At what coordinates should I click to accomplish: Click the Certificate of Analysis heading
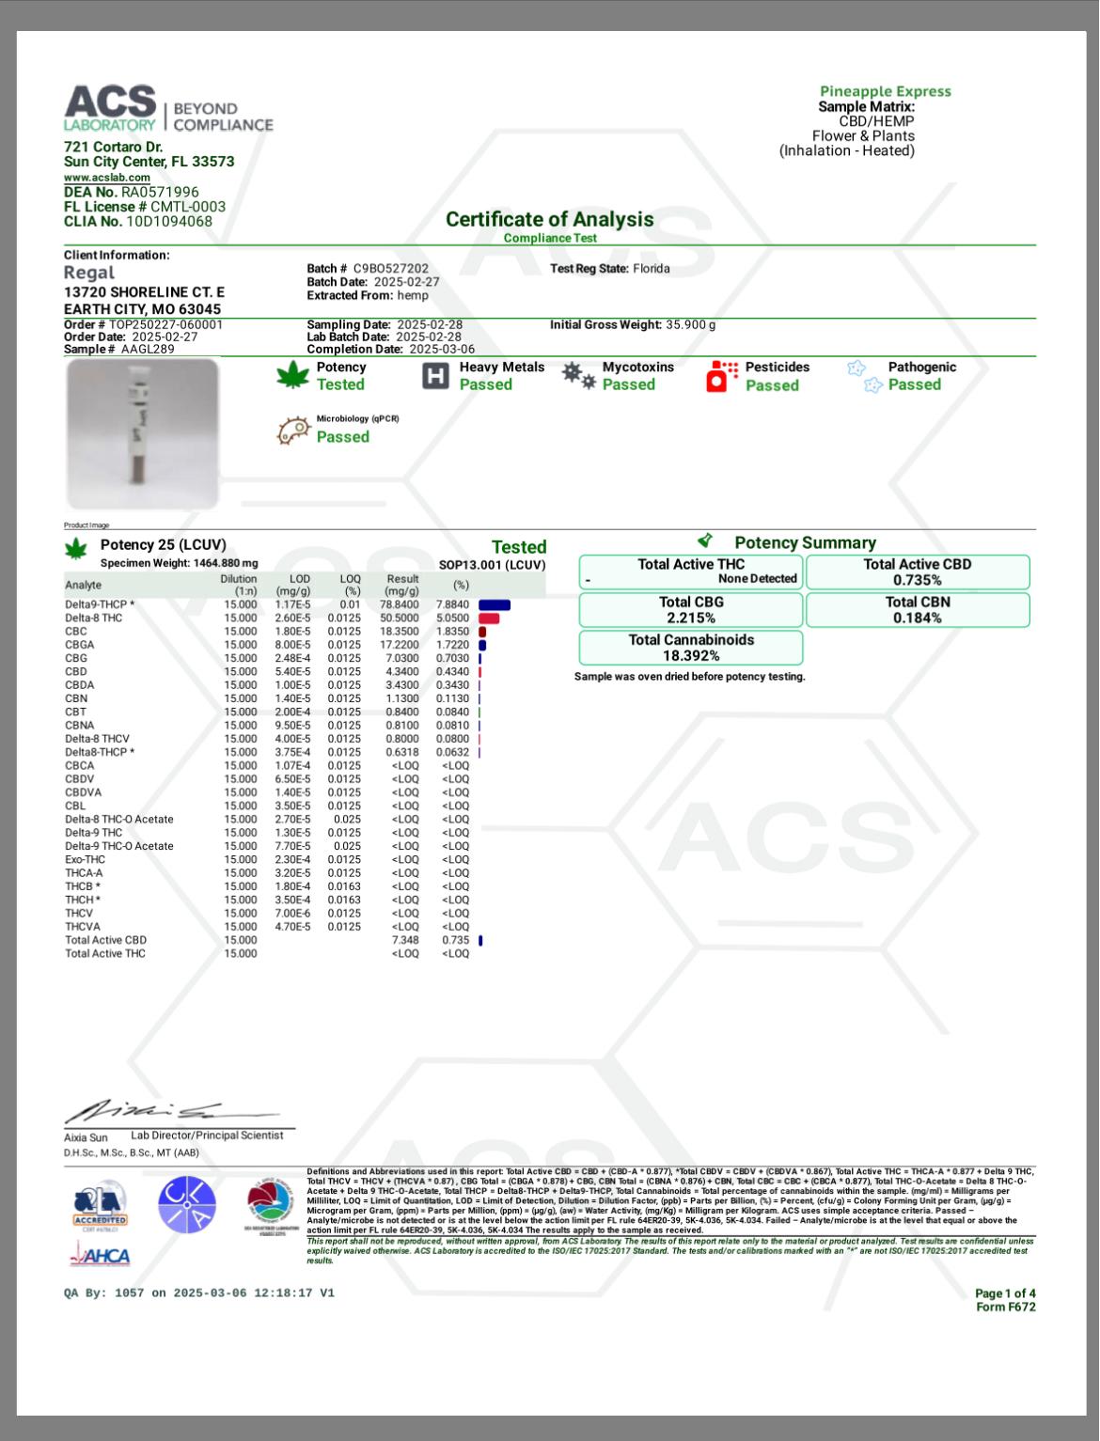[549, 219]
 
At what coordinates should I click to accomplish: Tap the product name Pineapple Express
[885, 91]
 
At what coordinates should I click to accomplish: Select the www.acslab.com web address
[107, 177]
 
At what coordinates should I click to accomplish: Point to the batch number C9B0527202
[390, 269]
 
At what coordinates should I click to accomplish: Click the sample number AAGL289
[148, 349]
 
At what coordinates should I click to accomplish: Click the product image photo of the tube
[143, 433]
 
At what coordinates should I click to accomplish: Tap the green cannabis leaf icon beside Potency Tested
[292, 376]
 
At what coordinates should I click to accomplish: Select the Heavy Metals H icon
[435, 376]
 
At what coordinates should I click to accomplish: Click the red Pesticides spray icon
[721, 376]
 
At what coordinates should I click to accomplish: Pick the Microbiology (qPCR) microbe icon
[293, 430]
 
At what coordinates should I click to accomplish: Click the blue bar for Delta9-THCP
[495, 604]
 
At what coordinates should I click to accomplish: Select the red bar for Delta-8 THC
[489, 618]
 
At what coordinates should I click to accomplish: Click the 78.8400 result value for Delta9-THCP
[400, 604]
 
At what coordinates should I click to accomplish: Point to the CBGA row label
[80, 645]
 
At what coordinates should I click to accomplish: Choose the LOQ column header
[351, 585]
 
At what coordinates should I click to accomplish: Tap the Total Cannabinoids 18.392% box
[691, 648]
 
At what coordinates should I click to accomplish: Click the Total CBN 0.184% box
[917, 610]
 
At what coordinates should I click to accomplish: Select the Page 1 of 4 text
[1004, 1293]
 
